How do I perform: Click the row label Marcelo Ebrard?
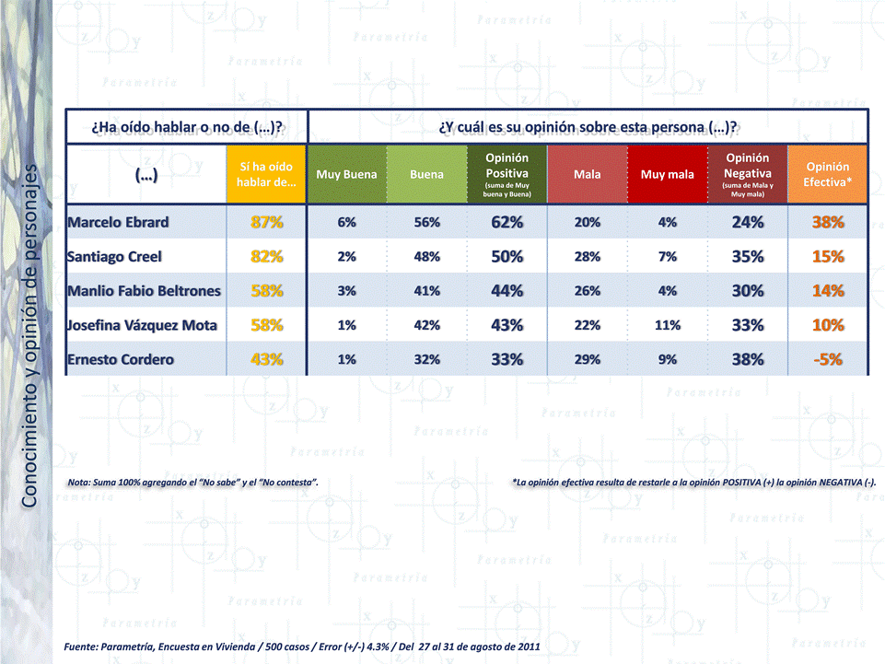click(117, 222)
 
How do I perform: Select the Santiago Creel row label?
click(114, 256)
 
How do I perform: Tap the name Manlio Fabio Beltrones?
click(144, 291)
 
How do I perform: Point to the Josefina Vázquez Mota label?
click(143, 325)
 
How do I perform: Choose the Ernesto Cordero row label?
click(120, 359)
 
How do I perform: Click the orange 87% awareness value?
click(267, 222)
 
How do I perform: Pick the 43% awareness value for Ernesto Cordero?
click(267, 359)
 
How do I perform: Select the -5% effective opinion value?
click(827, 359)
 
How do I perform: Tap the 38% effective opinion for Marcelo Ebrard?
click(827, 222)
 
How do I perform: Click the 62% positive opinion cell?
click(507, 222)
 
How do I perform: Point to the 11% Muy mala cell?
click(668, 325)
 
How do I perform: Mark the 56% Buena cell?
click(426, 222)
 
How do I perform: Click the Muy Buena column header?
click(346, 174)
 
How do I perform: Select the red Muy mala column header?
click(668, 174)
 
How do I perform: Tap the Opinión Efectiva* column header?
click(827, 174)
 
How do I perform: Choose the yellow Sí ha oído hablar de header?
click(267, 174)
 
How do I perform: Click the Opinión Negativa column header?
click(747, 174)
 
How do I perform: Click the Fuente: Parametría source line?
click(302, 647)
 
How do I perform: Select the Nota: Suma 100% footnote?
click(193, 482)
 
